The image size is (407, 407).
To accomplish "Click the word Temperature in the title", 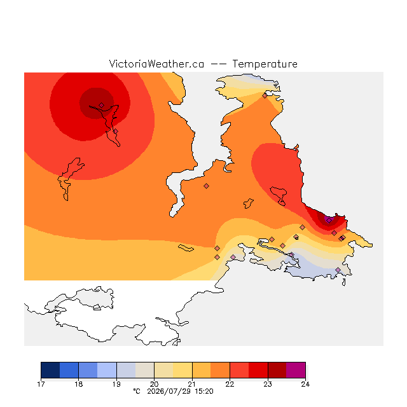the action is (x=265, y=64).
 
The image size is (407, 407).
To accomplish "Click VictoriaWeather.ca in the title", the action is (x=156, y=64).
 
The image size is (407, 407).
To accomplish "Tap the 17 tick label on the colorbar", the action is (x=41, y=384).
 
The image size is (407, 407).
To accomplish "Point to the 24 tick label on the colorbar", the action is (x=305, y=384).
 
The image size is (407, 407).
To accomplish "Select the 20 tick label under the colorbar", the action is (x=154, y=384).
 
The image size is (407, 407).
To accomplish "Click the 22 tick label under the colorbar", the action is (x=230, y=384).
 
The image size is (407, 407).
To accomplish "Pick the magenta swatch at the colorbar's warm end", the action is (x=296, y=370).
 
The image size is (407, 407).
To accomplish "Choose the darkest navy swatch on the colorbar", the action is (x=50, y=370).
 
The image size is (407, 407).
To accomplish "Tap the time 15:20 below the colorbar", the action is (x=204, y=392).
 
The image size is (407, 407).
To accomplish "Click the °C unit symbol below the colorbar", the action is (x=137, y=391).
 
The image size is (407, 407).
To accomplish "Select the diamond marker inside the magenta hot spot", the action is (x=329, y=221).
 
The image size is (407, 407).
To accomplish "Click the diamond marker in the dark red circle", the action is (x=102, y=105).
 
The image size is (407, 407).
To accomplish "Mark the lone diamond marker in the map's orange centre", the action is (x=206, y=186).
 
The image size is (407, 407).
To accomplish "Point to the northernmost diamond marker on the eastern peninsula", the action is (x=265, y=96).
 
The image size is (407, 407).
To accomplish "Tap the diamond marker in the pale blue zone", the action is (x=338, y=270).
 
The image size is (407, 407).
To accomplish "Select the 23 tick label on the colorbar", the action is (x=268, y=384).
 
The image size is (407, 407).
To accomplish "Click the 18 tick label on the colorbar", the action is (x=79, y=384).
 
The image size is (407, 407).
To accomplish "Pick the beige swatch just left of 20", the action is (x=145, y=370).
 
